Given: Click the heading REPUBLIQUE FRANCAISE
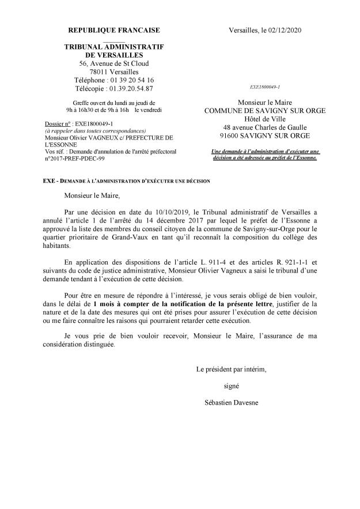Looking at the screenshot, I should [x=114, y=30].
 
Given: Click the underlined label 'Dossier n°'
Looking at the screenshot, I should [x=56, y=124].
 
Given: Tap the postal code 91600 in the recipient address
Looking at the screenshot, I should [x=228, y=136].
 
